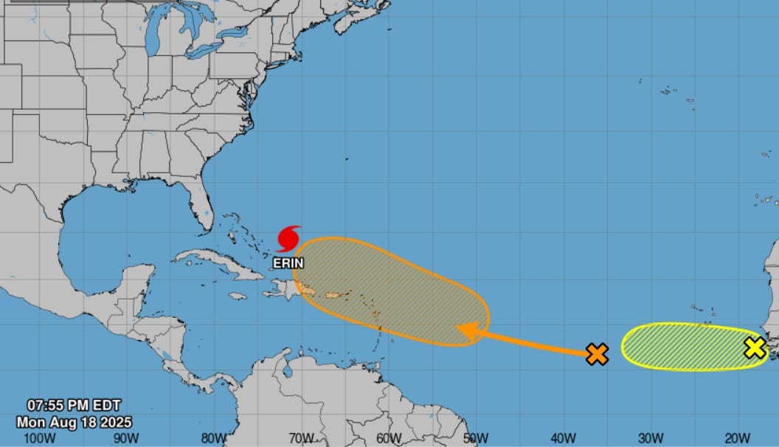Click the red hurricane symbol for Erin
(288, 239)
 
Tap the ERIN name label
(288, 263)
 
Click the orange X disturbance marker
(597, 354)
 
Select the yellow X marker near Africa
(755, 347)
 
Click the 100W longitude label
(40, 437)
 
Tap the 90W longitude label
(127, 437)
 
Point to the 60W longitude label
(389, 437)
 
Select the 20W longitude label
(738, 437)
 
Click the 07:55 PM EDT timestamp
(73, 405)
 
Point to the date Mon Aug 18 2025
(74, 422)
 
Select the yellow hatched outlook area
(682, 347)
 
